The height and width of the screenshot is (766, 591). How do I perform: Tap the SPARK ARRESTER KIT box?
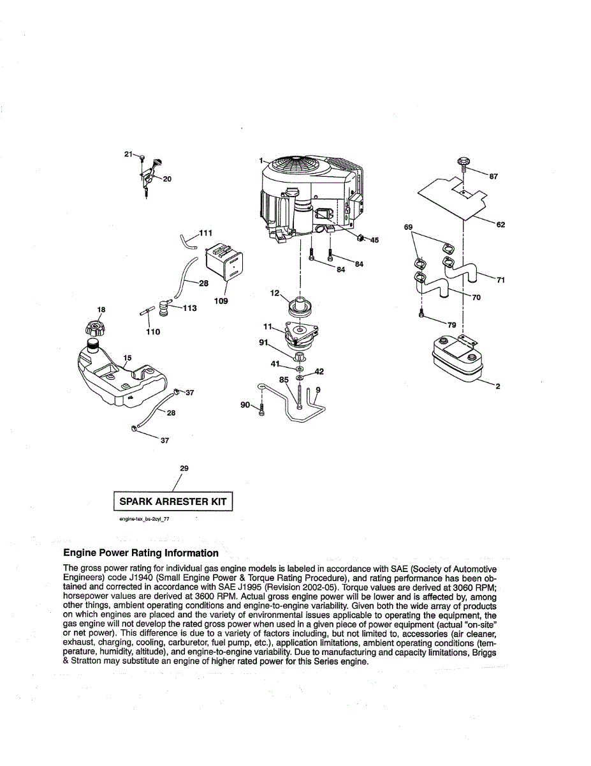pyautogui.click(x=173, y=502)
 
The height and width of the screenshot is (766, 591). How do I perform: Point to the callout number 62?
pyautogui.click(x=500, y=225)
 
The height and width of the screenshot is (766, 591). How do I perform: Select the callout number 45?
pyautogui.click(x=374, y=240)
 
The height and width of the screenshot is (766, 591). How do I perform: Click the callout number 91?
pyautogui.click(x=263, y=343)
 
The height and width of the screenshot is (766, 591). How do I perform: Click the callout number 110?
pyautogui.click(x=153, y=332)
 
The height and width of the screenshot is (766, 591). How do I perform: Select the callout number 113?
pyautogui.click(x=189, y=308)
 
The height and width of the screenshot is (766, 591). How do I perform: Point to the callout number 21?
pyautogui.click(x=128, y=154)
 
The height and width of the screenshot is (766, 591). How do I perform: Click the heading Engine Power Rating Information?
pyautogui.click(x=141, y=553)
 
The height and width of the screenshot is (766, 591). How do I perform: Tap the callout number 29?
pyautogui.click(x=184, y=469)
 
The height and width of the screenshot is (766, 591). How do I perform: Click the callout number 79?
pyautogui.click(x=452, y=325)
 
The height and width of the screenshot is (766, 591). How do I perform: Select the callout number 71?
pyautogui.click(x=500, y=279)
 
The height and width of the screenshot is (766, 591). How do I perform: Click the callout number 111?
pyautogui.click(x=205, y=233)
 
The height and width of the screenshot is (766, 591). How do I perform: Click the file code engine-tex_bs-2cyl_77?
pyautogui.click(x=144, y=520)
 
